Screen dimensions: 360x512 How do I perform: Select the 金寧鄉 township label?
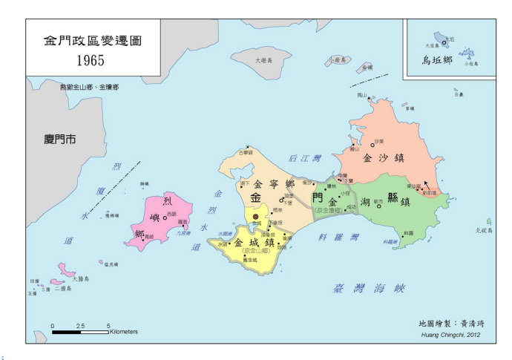(x=274, y=183)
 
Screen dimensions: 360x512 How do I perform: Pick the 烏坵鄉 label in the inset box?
(x=436, y=59)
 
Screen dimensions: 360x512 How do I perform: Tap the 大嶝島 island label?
(x=263, y=60)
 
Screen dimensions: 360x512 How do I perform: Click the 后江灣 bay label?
(x=304, y=158)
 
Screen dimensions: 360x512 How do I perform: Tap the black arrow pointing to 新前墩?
(x=427, y=182)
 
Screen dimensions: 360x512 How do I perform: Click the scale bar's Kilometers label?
(x=123, y=332)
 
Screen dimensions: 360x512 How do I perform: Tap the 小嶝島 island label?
(x=338, y=59)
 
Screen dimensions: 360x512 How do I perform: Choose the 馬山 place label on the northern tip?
(x=362, y=95)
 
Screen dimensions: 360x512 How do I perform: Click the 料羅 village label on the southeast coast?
(x=407, y=232)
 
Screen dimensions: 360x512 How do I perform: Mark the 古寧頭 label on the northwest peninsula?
(x=246, y=153)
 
